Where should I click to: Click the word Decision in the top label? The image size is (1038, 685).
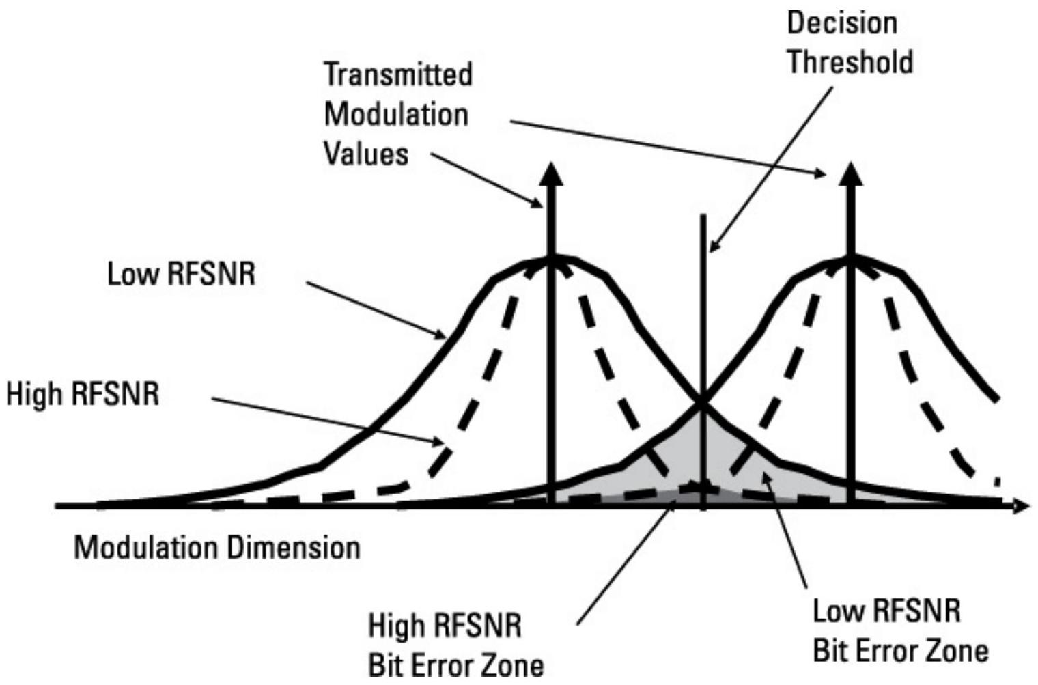tap(842, 23)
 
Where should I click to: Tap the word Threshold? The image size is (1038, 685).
tap(850, 62)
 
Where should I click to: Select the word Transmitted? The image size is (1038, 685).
tap(398, 74)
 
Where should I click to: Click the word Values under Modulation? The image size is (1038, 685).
tap(366, 154)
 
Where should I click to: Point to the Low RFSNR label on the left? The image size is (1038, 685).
tap(182, 275)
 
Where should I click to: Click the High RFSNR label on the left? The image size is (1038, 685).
tap(83, 394)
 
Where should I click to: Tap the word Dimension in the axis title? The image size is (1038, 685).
tap(294, 548)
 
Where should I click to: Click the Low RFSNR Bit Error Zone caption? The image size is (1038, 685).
tap(900, 630)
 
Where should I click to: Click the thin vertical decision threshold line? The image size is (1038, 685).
tap(703, 307)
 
